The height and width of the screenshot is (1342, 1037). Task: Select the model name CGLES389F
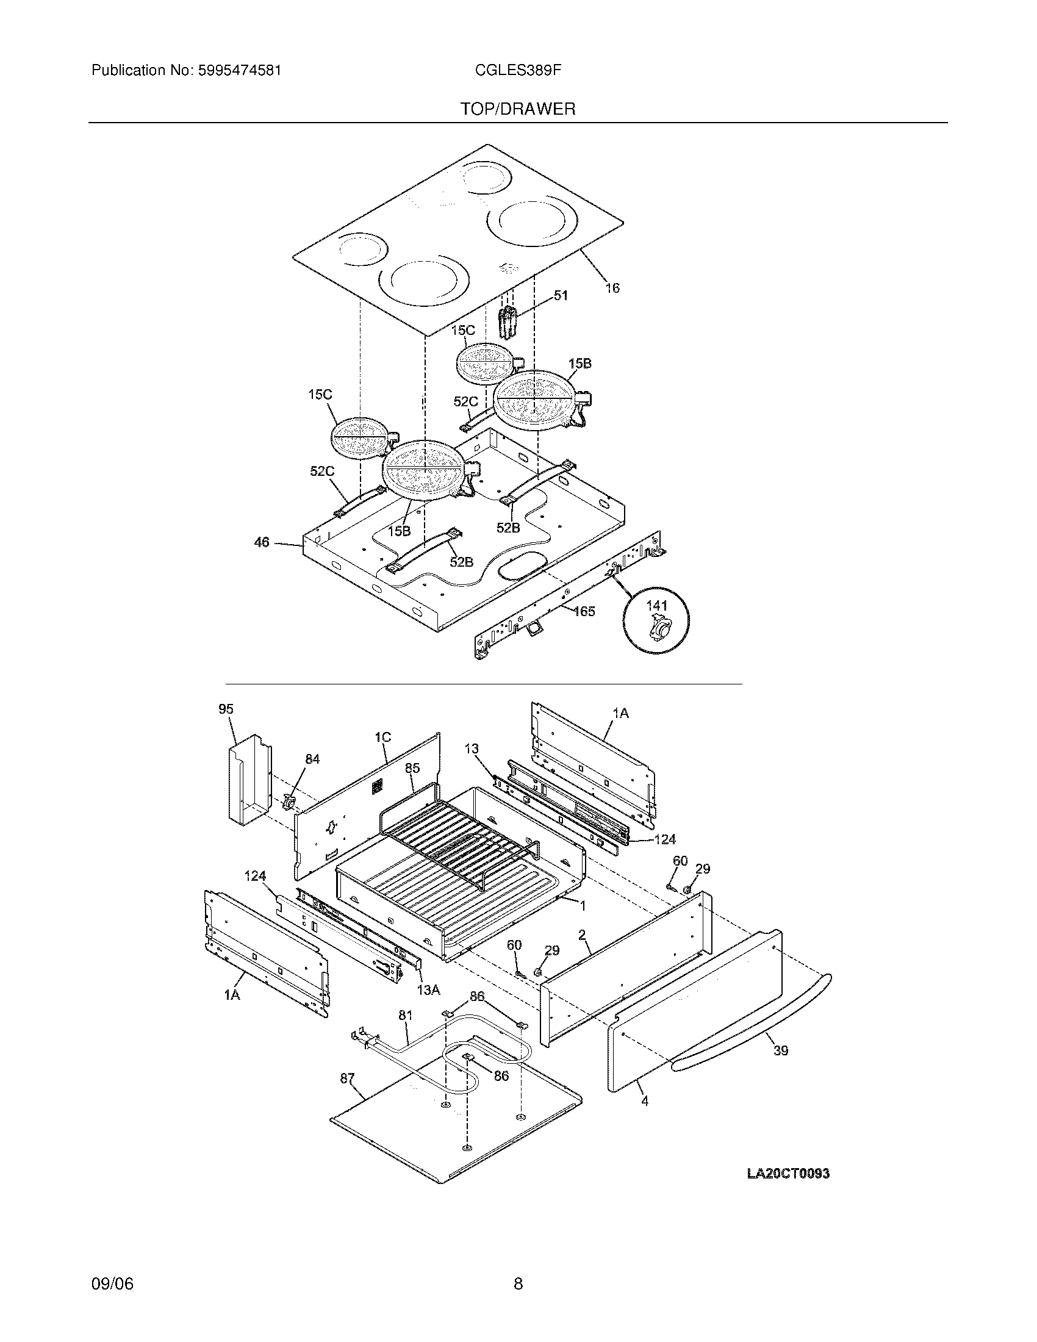[x=518, y=71]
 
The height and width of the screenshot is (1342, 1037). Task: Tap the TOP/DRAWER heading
[x=518, y=109]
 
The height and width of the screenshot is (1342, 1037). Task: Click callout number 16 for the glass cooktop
[x=612, y=287]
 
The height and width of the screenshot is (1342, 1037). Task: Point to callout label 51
[x=561, y=296]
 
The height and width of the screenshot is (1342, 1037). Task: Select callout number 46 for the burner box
[x=262, y=542]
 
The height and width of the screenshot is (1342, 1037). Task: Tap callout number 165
[x=584, y=611]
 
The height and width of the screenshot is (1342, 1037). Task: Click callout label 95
[x=226, y=709]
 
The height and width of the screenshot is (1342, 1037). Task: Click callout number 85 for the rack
[x=412, y=768]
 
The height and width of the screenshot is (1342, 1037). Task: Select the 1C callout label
[x=382, y=737]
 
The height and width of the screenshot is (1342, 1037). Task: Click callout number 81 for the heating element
[x=406, y=1015]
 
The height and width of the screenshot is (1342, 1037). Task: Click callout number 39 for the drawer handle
[x=780, y=1050]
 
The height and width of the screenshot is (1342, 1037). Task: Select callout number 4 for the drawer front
[x=644, y=1101]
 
